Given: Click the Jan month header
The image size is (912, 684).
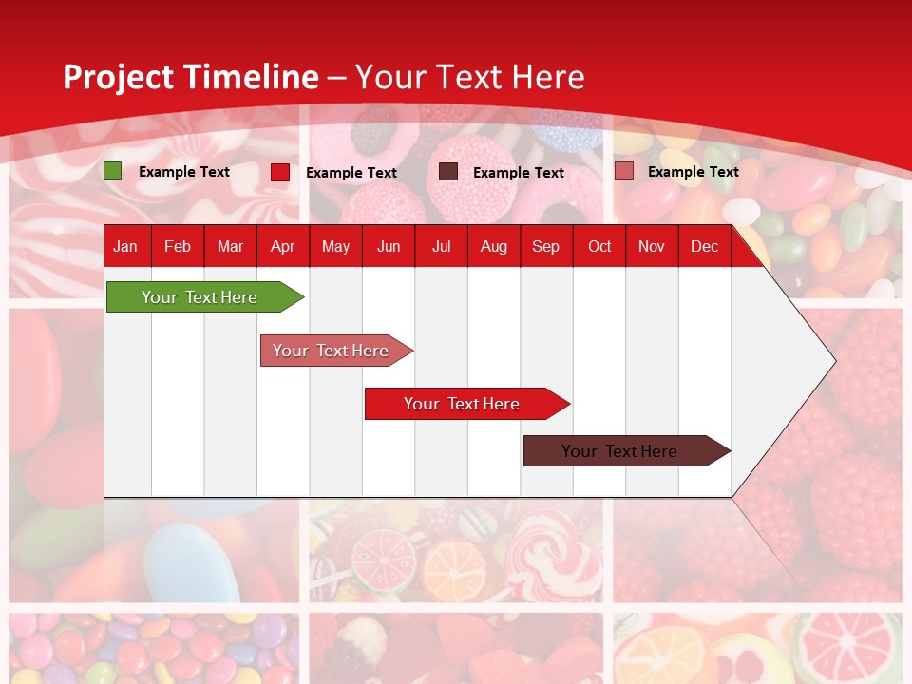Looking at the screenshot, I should pos(125,246).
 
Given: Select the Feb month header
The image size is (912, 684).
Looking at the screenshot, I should pos(178,246).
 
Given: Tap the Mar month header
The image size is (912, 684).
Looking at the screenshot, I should pos(230,246).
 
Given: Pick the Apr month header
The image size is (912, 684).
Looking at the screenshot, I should pos(283,246).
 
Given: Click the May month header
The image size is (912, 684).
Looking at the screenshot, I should pos(335,246).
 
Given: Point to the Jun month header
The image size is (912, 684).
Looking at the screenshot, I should pos(389,246).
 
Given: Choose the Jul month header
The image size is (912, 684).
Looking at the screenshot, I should pos(441,246).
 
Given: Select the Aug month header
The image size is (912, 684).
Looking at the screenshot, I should pos(494,246).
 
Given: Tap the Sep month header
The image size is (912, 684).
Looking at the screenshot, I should pos(546,246).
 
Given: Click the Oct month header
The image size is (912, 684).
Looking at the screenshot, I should pos(599,246).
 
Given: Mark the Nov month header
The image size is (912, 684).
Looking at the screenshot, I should pos(652,246).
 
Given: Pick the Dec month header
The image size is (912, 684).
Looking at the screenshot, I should pos(705,246).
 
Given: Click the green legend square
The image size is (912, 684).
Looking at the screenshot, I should pos(113,171).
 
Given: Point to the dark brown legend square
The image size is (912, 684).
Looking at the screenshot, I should pos(448,171).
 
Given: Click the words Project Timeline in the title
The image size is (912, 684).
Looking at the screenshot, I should pos(191,77).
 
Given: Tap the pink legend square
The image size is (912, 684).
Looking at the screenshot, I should pos(623,171).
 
